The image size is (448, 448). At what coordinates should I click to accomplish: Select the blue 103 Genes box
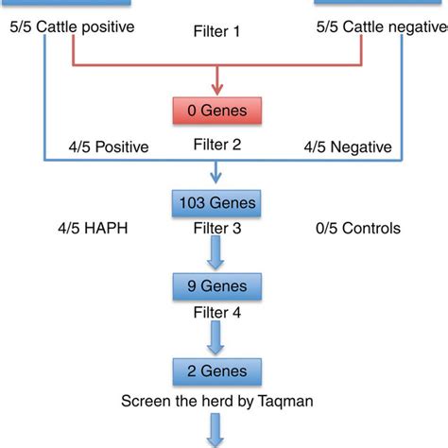pyautogui.click(x=217, y=201)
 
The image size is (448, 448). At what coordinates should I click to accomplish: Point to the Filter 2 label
pyautogui.click(x=217, y=146)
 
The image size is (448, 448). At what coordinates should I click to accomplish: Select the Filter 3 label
pyautogui.click(x=217, y=228)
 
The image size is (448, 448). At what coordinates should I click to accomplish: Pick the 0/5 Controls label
pyautogui.click(x=357, y=228)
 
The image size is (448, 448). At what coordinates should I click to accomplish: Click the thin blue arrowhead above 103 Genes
pyautogui.click(x=217, y=176)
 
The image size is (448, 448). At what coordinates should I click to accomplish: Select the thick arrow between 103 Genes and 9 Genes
pyautogui.click(x=217, y=250)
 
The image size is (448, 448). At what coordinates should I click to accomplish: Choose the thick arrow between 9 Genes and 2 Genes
pyautogui.click(x=217, y=333)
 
